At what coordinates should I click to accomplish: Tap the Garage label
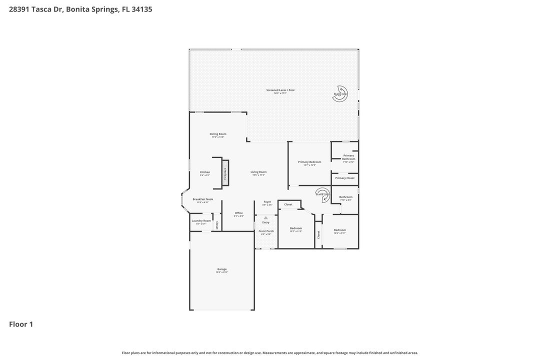point(222,269)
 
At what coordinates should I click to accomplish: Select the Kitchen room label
point(205,172)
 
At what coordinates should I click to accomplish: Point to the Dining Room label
point(218,134)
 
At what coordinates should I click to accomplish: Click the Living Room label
point(258,172)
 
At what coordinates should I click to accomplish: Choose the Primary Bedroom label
point(309,162)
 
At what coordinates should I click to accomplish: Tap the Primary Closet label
point(344,178)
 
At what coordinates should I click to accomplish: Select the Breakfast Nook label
point(203,199)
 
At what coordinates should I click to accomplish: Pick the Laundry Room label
point(201,220)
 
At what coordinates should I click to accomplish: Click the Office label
point(238,213)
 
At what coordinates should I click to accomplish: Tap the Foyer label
point(267,202)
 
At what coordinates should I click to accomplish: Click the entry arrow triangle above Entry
point(265,218)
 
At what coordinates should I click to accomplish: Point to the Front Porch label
point(266,231)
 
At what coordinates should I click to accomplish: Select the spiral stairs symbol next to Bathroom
point(322,195)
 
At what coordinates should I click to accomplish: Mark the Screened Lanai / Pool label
point(280,90)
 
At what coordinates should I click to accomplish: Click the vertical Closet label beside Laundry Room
point(217,225)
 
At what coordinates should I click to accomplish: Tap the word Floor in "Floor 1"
point(17,324)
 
